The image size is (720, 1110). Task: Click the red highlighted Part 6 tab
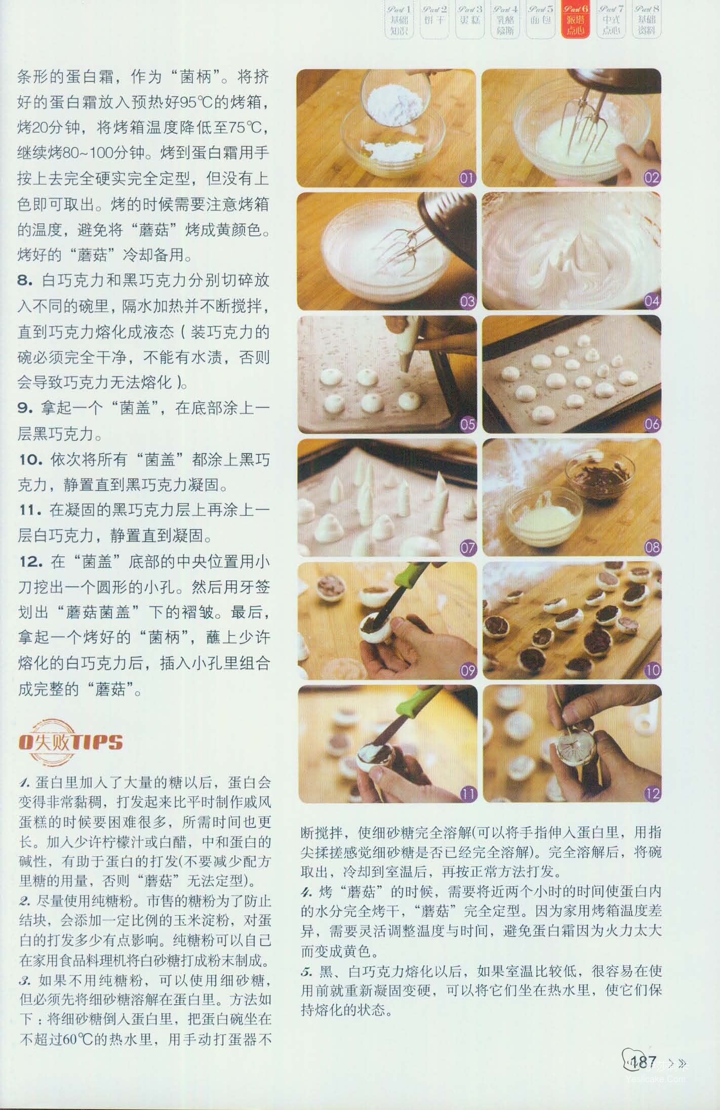pos(576,20)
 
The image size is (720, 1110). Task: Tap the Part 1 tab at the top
pos(399,20)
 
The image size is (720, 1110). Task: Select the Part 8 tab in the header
pos(647,20)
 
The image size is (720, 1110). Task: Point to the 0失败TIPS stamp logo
pos(70,743)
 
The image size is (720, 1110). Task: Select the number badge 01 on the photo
pos(467,178)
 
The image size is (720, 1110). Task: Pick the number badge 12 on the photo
pos(652,794)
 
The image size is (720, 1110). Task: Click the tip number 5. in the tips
pos(307,972)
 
